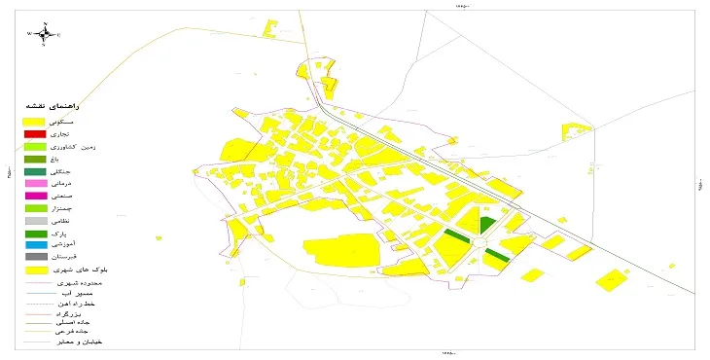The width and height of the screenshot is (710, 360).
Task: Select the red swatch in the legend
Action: [35, 133]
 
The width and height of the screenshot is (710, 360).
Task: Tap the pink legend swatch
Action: [35, 183]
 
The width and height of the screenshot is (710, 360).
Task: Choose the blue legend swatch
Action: [35, 245]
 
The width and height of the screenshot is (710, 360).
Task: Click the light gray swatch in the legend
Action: [35, 221]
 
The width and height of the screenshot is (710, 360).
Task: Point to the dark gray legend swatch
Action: [35, 257]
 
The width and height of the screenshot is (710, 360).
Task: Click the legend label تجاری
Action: [86, 133]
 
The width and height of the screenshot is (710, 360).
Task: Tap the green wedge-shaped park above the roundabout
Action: [486, 225]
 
